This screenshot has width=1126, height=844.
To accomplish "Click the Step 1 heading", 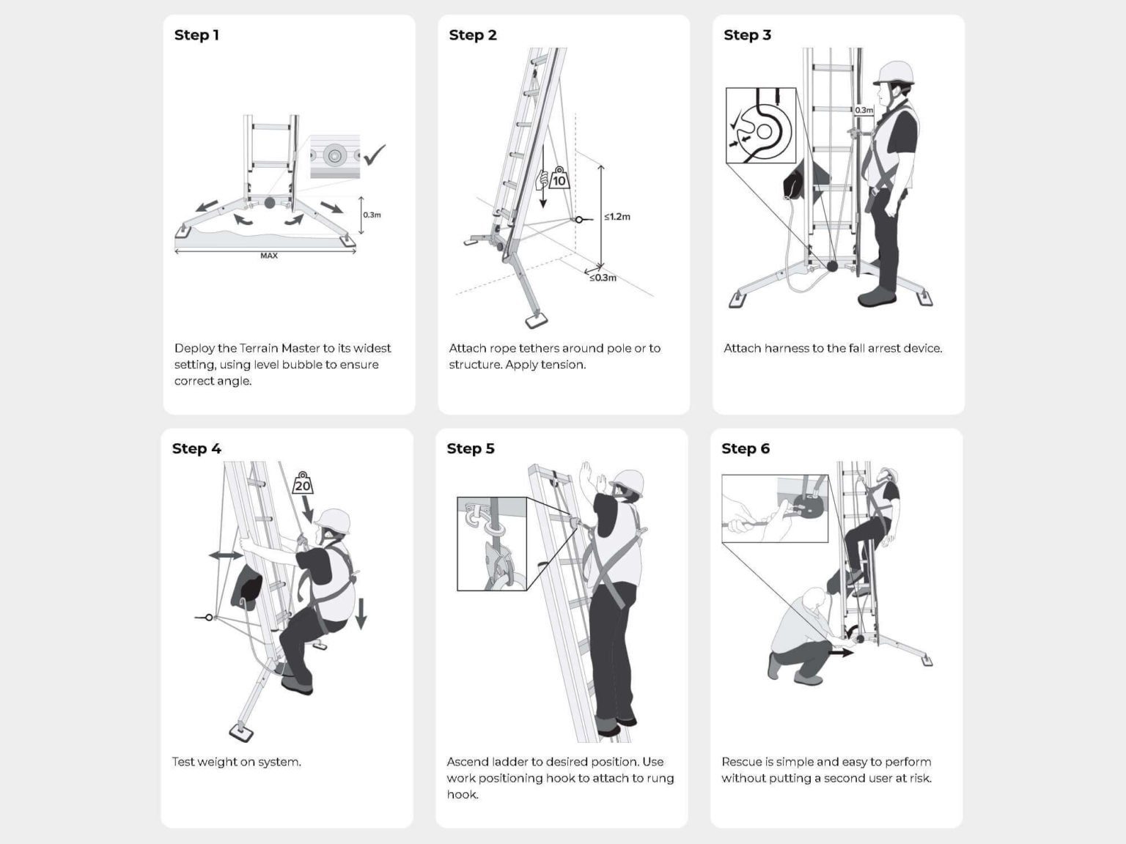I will click(x=196, y=35).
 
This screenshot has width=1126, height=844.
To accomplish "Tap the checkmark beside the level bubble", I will click(x=374, y=154).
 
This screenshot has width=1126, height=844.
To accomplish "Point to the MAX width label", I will click(x=268, y=256).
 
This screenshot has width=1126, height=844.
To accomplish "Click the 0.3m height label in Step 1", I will click(x=372, y=215).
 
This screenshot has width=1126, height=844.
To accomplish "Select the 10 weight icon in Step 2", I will click(x=559, y=178).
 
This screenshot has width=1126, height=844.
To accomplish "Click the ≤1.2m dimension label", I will click(x=617, y=217).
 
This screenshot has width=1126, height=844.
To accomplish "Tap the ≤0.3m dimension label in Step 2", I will click(x=603, y=278).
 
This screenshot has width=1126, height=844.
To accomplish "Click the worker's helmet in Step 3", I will click(x=894, y=72).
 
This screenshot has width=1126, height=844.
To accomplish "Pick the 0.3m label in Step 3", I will click(x=864, y=110).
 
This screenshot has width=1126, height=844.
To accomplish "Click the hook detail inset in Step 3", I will click(x=760, y=125).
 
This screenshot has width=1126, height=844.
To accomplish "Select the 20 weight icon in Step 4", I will click(x=303, y=484).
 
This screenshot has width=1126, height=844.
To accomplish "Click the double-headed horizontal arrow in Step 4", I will click(x=226, y=555).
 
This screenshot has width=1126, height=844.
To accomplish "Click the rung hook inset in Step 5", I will click(x=492, y=544).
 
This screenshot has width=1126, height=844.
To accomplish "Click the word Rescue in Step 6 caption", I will click(x=742, y=762).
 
